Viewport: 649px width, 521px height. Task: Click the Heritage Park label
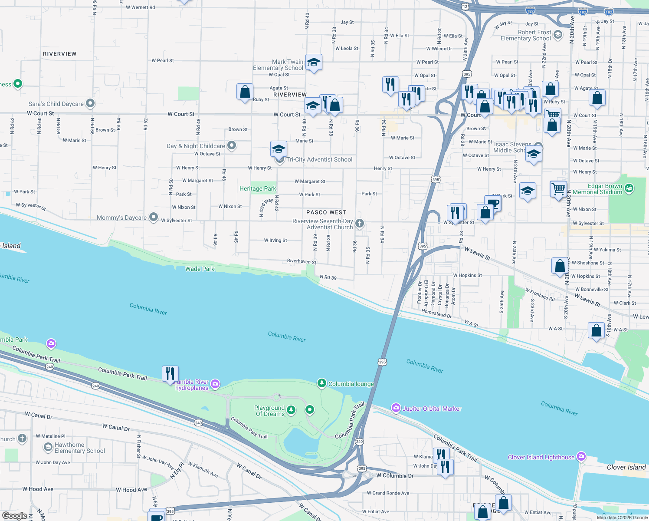[258, 188]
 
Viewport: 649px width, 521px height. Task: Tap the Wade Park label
[200, 269]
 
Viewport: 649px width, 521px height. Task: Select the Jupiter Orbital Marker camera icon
[396, 408]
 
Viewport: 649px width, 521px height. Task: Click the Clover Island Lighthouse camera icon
[581, 457]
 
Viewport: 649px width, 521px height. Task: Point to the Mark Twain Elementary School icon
[313, 62]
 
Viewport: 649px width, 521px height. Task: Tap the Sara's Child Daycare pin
[90, 103]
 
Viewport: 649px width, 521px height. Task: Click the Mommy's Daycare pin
[154, 217]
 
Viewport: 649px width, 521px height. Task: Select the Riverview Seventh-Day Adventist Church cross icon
[359, 224]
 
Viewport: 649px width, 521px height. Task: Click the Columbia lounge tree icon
[321, 383]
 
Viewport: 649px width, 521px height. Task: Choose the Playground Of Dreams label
[269, 411]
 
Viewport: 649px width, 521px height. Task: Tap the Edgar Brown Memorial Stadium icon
[629, 188]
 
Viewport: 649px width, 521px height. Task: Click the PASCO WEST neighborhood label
[326, 212]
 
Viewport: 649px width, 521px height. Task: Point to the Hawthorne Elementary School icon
[48, 447]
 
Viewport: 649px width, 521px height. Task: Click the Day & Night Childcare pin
[232, 145]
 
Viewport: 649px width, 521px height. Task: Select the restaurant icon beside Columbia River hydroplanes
[170, 373]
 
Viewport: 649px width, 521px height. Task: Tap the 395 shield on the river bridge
[382, 362]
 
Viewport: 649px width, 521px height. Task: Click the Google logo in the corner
[15, 515]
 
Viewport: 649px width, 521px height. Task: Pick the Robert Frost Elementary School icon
[558, 34]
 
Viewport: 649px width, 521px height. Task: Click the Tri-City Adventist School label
[319, 159]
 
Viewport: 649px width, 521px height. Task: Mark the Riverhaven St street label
[302, 261]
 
